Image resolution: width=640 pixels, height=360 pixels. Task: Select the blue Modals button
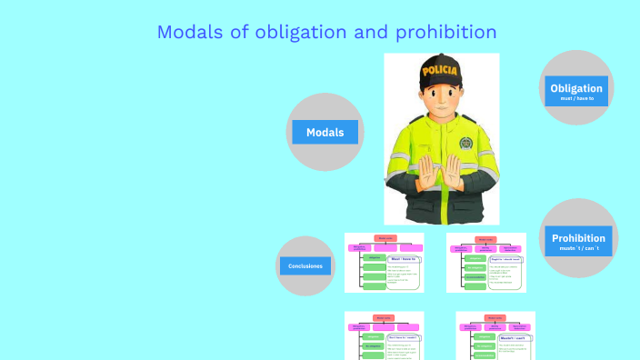tap(325, 132)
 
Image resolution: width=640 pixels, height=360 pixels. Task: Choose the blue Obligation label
tap(575, 88)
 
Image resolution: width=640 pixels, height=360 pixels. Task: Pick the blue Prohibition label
tap(578, 238)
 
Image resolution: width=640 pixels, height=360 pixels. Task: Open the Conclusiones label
tap(305, 266)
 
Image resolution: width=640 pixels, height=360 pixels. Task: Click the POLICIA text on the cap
tap(441, 69)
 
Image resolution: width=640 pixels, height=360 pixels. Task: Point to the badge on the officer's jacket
tap(465, 145)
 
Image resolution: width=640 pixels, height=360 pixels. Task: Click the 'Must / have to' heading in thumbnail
tap(402, 259)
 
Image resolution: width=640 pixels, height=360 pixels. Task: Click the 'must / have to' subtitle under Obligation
tap(576, 98)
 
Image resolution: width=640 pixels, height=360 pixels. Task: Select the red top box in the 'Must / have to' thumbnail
tap(385, 238)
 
